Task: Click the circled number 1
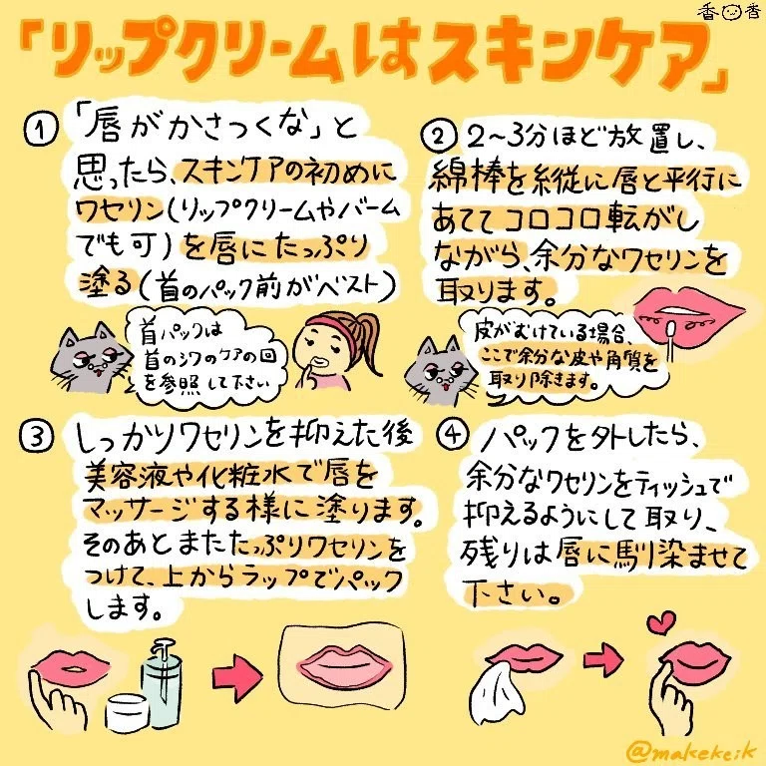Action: coord(41,130)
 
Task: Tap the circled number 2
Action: coord(438,137)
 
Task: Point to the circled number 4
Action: coord(452,434)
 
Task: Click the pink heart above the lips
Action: coord(661,622)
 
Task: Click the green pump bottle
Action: coord(162,685)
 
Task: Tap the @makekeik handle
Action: coord(693,751)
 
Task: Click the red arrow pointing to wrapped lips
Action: coord(237,676)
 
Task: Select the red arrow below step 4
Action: coord(603,659)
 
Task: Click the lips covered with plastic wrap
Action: coord(342,667)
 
